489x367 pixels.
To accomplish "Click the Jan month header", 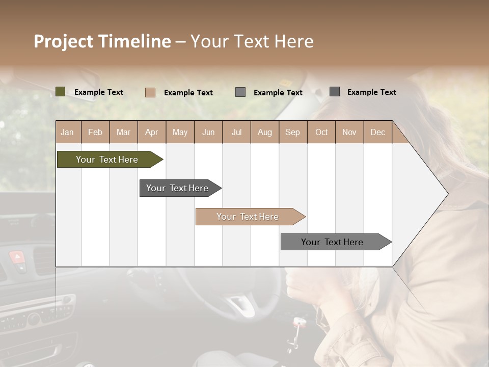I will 67,133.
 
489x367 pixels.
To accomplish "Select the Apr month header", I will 151,133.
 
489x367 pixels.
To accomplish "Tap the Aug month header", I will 264,133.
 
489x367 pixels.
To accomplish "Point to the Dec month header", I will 377,133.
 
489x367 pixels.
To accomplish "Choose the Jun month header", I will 208,133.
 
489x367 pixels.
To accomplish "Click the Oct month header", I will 321,133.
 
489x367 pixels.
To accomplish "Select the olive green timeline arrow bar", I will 107,160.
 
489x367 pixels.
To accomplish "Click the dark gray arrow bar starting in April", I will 177,188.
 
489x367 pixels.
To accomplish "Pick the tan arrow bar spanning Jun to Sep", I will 248,217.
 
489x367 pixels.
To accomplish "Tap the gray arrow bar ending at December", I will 332,242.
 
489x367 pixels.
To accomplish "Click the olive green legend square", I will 61,92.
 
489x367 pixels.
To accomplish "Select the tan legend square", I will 150,92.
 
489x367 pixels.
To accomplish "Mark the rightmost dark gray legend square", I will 335,92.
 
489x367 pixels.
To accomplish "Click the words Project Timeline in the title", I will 102,41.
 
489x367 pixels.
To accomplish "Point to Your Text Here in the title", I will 252,41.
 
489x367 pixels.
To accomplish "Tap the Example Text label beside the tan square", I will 188,93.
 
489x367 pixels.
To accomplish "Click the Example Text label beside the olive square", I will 99,92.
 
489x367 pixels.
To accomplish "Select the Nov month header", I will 349,133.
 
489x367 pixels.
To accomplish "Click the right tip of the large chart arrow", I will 447,194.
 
